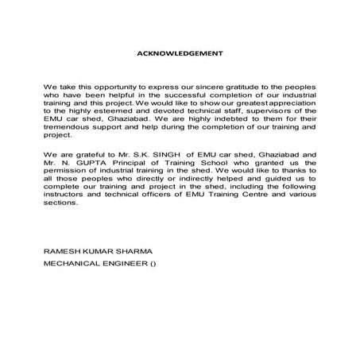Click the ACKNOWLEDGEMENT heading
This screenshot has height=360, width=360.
180,53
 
